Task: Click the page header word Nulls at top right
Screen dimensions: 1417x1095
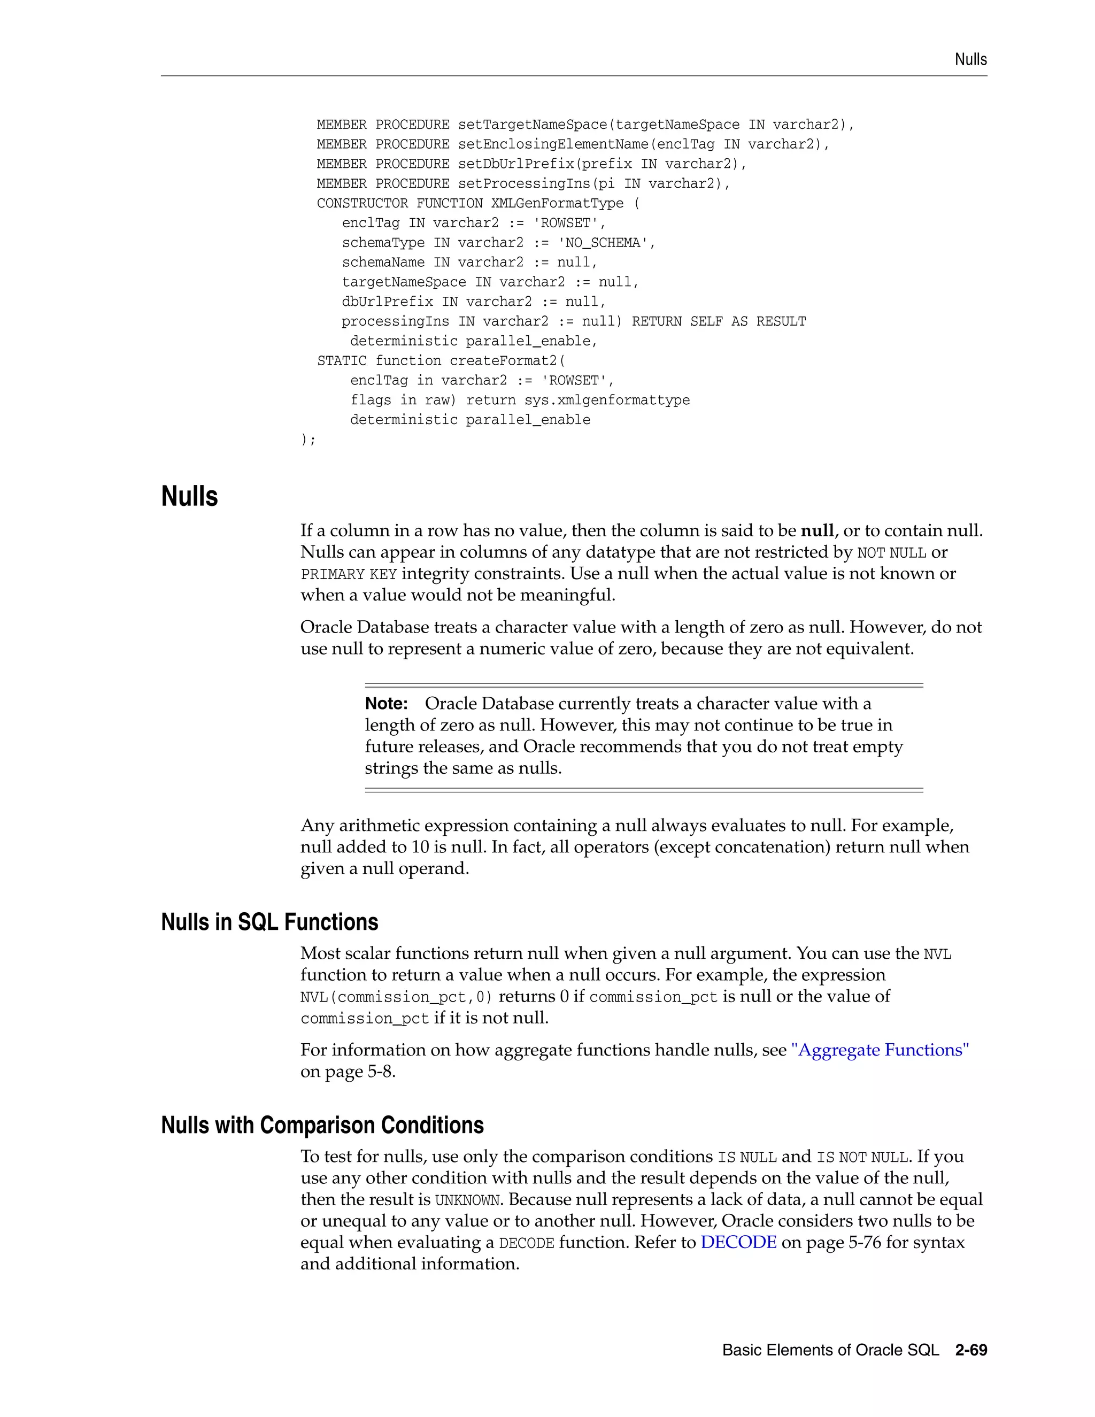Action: coord(970,60)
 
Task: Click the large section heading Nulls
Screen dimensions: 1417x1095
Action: coord(189,496)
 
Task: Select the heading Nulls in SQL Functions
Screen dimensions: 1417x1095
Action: coord(269,922)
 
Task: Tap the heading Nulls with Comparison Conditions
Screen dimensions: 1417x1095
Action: coord(322,1125)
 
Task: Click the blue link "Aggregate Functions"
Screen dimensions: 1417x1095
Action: coord(880,1050)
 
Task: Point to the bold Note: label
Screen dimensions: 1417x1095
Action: coord(386,704)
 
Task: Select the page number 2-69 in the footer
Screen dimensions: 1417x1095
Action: coord(970,1350)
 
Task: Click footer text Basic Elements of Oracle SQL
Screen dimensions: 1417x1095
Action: coord(830,1350)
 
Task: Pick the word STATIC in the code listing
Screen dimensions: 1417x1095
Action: coord(341,361)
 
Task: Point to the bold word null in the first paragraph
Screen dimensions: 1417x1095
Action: coord(818,531)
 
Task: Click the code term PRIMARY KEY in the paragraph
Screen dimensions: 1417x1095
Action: coord(349,574)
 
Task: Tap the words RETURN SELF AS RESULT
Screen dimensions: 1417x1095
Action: coord(719,322)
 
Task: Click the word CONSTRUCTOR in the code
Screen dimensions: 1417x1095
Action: coord(362,204)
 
